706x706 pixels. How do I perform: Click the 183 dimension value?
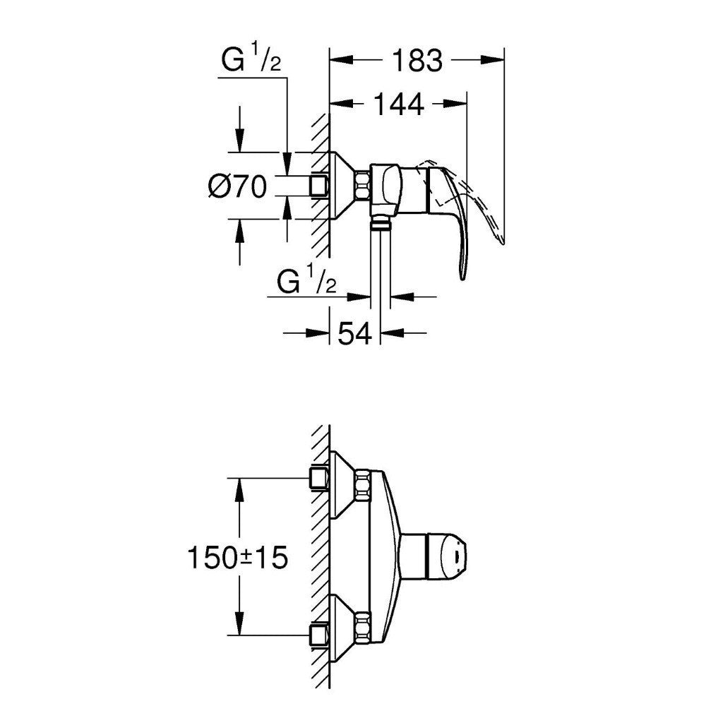coord(418,60)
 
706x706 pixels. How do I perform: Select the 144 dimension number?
coord(399,104)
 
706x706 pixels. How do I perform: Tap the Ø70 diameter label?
coord(238,186)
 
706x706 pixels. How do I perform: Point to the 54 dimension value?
coord(355,334)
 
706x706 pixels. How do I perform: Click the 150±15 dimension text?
coord(237,558)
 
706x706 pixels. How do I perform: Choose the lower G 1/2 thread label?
coord(306,282)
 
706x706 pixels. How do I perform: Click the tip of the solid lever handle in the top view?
coord(463,277)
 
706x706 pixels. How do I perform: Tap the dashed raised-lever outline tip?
coord(502,242)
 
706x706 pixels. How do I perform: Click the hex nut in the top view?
coord(362,185)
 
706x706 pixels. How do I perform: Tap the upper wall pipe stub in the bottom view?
coord(319,478)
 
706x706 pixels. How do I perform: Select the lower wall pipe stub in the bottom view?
coord(319,635)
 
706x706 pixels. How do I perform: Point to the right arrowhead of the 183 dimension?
coord(492,60)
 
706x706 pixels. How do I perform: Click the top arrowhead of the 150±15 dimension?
coord(239,489)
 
